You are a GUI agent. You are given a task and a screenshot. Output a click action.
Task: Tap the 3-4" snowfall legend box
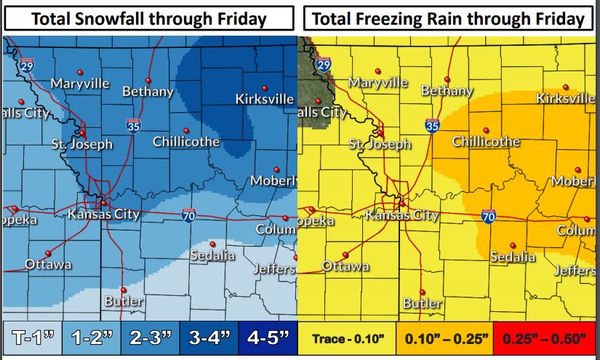(x=209, y=337)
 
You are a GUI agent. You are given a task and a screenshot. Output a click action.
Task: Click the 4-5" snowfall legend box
(x=266, y=337)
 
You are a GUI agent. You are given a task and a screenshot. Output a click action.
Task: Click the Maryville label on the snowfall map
(x=80, y=84)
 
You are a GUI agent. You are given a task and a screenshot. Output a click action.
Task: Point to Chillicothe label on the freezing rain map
(x=486, y=142)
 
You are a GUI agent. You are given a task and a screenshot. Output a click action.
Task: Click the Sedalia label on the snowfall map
(x=212, y=256)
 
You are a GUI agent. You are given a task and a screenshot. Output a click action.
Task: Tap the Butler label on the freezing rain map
(x=422, y=303)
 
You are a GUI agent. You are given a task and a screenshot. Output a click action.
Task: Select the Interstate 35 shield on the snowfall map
(x=132, y=125)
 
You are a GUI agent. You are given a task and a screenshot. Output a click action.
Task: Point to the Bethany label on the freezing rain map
(x=447, y=92)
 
